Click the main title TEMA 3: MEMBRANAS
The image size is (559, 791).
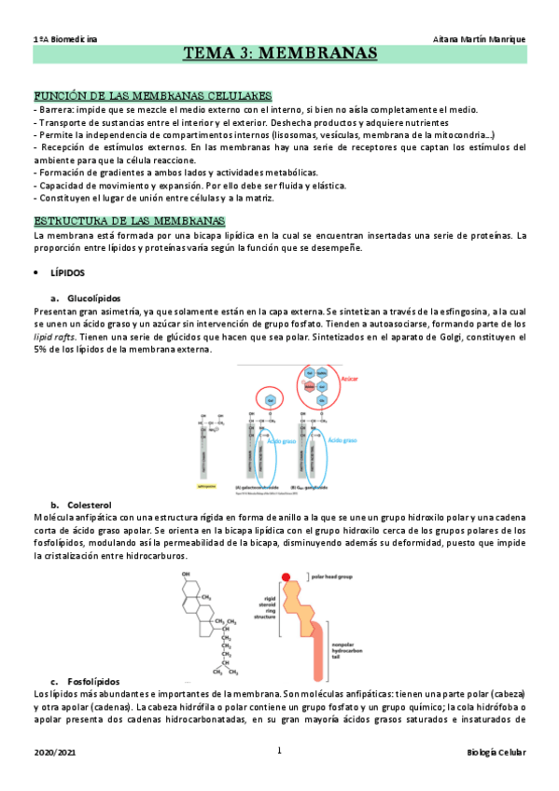coord(279,54)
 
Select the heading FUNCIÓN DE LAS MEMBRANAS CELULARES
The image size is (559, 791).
coord(152,96)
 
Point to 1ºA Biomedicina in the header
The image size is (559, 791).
coord(66,38)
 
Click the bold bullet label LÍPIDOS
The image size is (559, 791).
coord(67,273)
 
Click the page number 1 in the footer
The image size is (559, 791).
coord(279,751)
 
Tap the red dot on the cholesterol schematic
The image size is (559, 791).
coord(286,577)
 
